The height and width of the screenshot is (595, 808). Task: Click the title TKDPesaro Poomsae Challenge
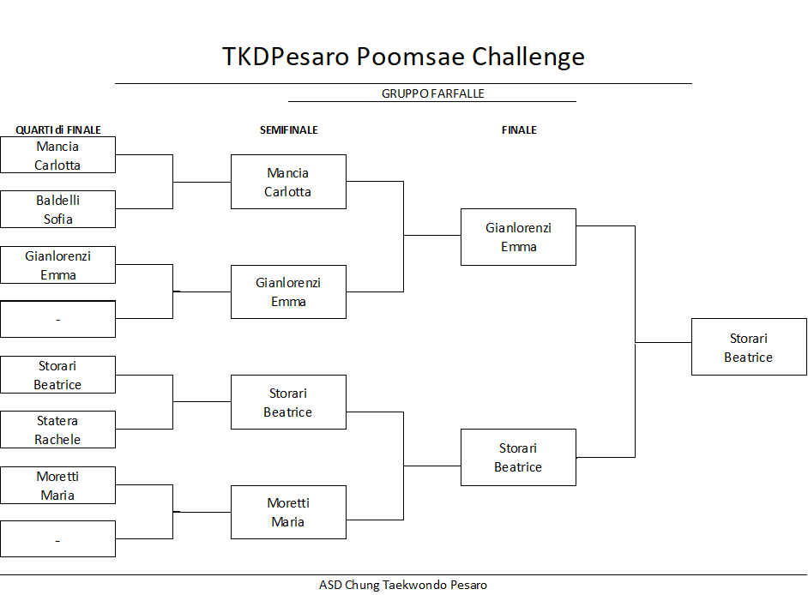pyautogui.click(x=403, y=57)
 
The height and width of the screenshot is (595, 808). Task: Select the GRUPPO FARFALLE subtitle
pyautogui.click(x=433, y=93)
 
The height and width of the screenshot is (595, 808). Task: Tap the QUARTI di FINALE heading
pyautogui.click(x=58, y=129)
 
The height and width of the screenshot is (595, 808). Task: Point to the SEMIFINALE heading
pyautogui.click(x=288, y=129)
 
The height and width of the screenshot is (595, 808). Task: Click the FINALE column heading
pyautogui.click(x=519, y=129)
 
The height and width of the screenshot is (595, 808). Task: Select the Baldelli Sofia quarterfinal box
pyautogui.click(x=57, y=209)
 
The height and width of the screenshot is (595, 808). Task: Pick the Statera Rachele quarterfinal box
pyautogui.click(x=57, y=430)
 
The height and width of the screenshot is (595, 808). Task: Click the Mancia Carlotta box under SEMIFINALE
pyautogui.click(x=288, y=182)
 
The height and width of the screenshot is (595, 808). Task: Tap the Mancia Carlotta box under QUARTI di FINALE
pyautogui.click(x=57, y=154)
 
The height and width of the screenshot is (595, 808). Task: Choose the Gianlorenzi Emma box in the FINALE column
pyautogui.click(x=518, y=237)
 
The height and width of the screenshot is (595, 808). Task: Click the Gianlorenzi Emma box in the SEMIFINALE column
pyautogui.click(x=288, y=292)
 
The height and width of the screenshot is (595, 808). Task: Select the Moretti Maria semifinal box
pyautogui.click(x=288, y=512)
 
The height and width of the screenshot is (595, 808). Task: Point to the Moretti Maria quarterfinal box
pyautogui.click(x=57, y=485)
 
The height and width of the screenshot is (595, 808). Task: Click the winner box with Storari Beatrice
pyautogui.click(x=750, y=346)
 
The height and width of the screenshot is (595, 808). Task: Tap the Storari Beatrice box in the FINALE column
pyautogui.click(x=518, y=458)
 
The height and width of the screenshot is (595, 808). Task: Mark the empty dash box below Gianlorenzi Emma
pyautogui.click(x=57, y=320)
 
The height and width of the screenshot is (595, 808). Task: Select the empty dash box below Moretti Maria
pyautogui.click(x=57, y=539)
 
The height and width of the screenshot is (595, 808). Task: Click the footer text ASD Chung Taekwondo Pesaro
pyautogui.click(x=403, y=586)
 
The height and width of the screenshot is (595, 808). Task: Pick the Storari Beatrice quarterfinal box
pyautogui.click(x=57, y=375)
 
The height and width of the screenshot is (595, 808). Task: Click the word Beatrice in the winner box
pyautogui.click(x=748, y=358)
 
